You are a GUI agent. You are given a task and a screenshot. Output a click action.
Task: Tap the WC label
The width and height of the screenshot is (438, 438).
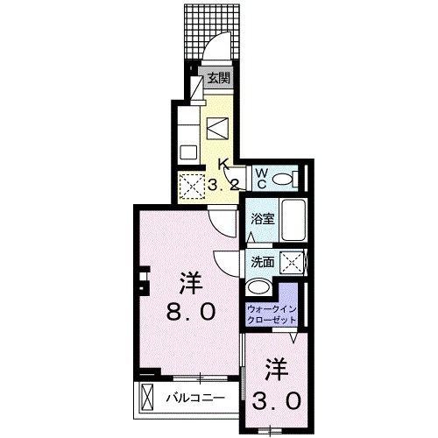pyautogui.click(x=262, y=179)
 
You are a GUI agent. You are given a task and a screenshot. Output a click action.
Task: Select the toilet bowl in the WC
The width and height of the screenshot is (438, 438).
pyautogui.click(x=282, y=179)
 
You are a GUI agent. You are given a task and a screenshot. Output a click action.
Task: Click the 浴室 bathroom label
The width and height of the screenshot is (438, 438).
pyautogui.click(x=263, y=220)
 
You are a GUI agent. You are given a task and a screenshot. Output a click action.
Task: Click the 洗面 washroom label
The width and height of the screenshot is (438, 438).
pyautogui.click(x=262, y=261)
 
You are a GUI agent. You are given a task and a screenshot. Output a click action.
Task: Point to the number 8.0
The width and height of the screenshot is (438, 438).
pyautogui.click(x=188, y=313)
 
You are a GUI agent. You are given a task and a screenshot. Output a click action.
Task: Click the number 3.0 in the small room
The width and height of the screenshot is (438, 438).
pyautogui.click(x=279, y=399)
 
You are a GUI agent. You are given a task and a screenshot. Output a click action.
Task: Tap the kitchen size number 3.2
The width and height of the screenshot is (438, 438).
pyautogui.click(x=223, y=185)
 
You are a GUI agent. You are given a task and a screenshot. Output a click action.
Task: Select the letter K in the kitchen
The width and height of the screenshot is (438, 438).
pyautogui.click(x=223, y=164)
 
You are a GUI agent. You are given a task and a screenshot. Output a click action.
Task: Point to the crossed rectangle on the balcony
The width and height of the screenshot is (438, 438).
pyautogui.click(x=146, y=398)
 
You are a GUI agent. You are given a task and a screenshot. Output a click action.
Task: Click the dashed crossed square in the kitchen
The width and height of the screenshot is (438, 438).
pyautogui.click(x=190, y=186)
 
